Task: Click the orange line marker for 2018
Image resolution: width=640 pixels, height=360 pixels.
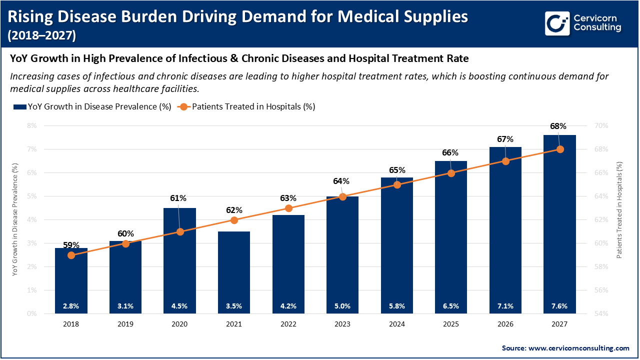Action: tap(71, 255)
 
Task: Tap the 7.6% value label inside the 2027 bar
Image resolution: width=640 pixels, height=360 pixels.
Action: tap(559, 306)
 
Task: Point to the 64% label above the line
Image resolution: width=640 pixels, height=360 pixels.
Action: tap(341, 181)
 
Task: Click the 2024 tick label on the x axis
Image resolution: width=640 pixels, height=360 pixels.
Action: tap(396, 324)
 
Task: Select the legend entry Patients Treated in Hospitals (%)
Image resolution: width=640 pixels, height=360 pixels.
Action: tap(253, 106)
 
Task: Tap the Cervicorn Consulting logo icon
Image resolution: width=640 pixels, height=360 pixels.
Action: tap(557, 23)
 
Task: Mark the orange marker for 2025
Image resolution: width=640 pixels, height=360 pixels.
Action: tap(451, 173)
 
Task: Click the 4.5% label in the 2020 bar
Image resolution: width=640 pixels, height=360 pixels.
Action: tap(179, 306)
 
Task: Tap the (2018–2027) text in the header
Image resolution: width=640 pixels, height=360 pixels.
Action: tap(42, 35)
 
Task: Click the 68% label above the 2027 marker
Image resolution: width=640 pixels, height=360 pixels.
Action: tap(559, 125)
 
